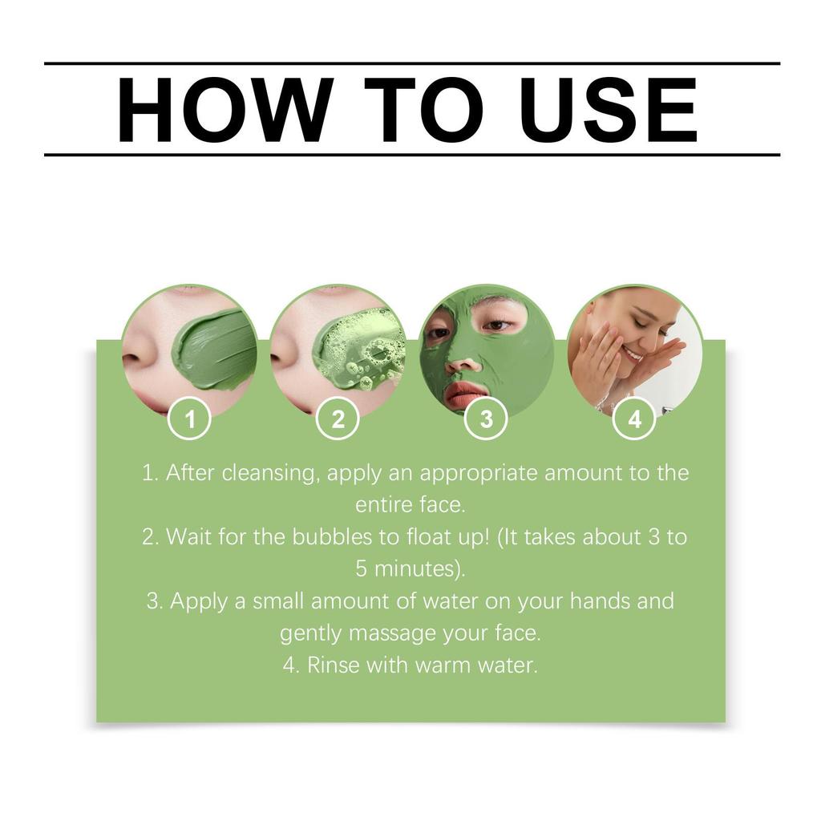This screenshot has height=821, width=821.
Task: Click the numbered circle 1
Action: pos(190,419)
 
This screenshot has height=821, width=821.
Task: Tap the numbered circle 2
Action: pos(338,419)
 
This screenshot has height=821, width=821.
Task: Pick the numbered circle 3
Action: pos(486,419)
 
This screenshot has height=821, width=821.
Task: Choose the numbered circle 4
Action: pos(634,419)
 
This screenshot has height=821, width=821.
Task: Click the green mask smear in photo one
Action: pos(213,350)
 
